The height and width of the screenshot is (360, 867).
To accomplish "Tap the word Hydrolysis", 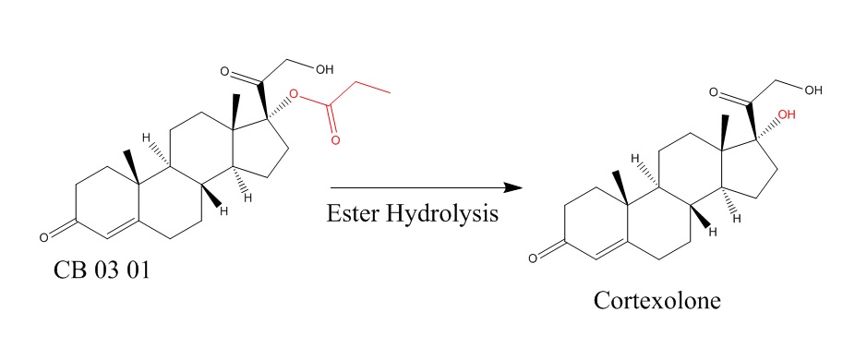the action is (x=441, y=214).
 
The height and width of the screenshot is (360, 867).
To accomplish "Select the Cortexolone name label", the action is (x=656, y=301).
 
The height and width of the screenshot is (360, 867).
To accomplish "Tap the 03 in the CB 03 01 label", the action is (x=104, y=270).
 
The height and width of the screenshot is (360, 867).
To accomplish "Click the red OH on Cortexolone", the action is (x=787, y=115).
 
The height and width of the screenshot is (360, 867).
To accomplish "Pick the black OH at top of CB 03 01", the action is (x=324, y=69).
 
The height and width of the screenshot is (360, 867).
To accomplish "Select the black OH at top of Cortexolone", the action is (x=813, y=90).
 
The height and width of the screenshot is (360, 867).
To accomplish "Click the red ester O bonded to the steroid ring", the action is (x=294, y=97).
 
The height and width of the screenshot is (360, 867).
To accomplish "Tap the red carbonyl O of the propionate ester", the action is (x=335, y=139).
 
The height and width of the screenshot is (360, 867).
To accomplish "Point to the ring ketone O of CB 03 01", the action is (x=44, y=238).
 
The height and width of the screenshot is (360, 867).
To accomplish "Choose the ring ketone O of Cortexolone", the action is (x=533, y=258).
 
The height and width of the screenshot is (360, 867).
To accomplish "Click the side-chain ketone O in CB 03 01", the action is (x=224, y=71).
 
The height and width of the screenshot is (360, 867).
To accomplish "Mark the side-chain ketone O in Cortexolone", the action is (x=714, y=91).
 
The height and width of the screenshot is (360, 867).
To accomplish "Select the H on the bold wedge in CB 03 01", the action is (x=223, y=210).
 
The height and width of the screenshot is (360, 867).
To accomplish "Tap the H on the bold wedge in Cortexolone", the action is (x=712, y=232).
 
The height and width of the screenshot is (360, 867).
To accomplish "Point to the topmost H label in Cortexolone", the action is (x=635, y=159).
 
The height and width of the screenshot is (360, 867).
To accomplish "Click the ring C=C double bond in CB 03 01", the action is (x=122, y=231).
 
